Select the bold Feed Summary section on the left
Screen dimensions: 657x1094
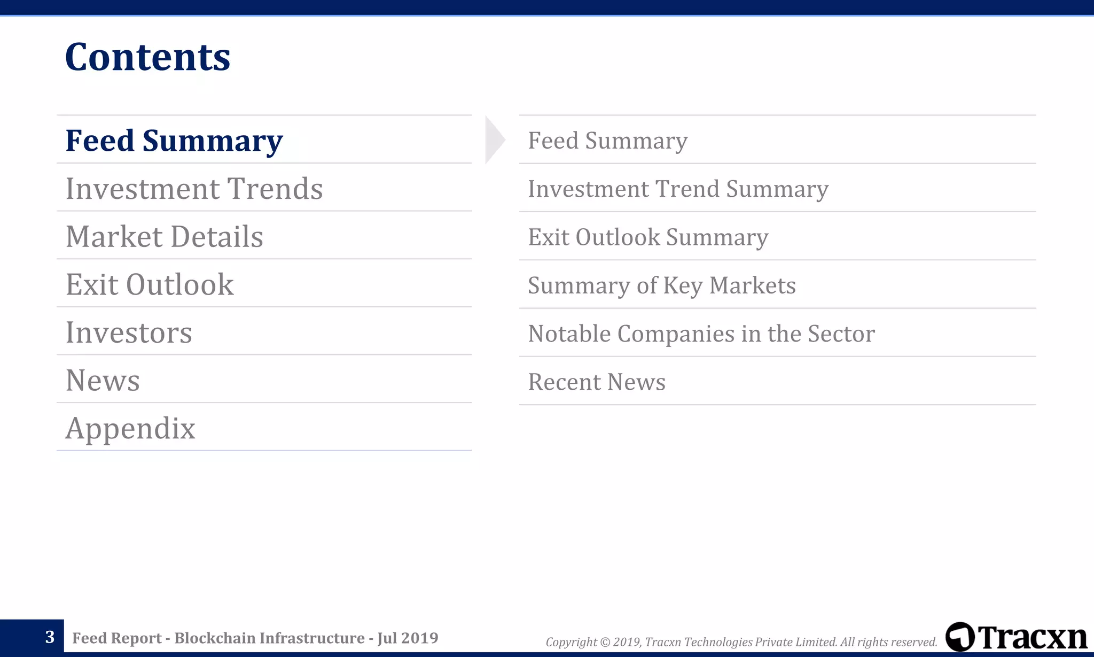click(174, 141)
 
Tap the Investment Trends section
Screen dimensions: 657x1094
click(194, 189)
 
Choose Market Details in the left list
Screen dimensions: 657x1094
click(164, 237)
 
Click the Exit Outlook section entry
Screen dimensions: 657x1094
click(150, 284)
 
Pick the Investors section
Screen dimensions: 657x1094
click(129, 333)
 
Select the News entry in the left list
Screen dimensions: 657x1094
click(103, 381)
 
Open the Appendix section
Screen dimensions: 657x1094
click(130, 428)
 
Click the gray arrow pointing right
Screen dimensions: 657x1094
click(494, 140)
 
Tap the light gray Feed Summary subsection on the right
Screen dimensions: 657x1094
click(607, 141)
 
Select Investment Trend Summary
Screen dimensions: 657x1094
click(678, 189)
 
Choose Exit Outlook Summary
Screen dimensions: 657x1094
click(648, 237)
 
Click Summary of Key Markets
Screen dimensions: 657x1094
click(661, 285)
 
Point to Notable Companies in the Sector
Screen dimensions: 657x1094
click(701, 334)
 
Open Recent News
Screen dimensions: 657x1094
click(597, 382)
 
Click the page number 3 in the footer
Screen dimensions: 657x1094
click(50, 637)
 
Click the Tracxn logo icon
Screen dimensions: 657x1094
click(959, 637)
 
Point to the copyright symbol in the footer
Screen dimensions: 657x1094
click(605, 642)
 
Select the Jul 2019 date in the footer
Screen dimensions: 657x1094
click(408, 638)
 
